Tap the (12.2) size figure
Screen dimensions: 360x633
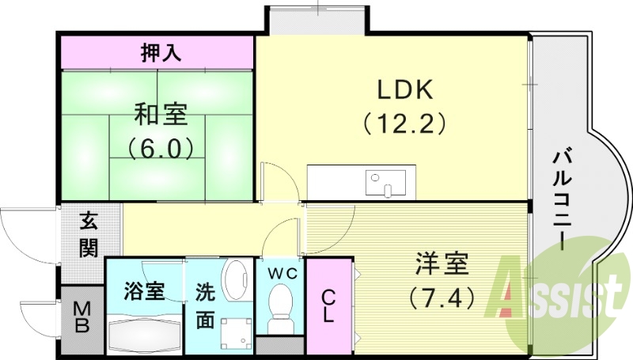click(x=404, y=123)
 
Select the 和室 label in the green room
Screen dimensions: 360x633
click(x=161, y=116)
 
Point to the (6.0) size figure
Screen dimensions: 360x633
click(x=161, y=147)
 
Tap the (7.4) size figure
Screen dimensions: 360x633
click(x=442, y=297)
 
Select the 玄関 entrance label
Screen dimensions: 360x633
click(x=89, y=234)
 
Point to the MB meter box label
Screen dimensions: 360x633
click(x=82, y=318)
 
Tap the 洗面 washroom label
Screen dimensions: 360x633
click(x=205, y=307)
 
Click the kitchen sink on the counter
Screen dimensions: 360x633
click(x=385, y=184)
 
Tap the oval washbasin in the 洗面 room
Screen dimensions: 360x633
click(x=235, y=282)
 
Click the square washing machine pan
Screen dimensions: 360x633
click(x=235, y=335)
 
